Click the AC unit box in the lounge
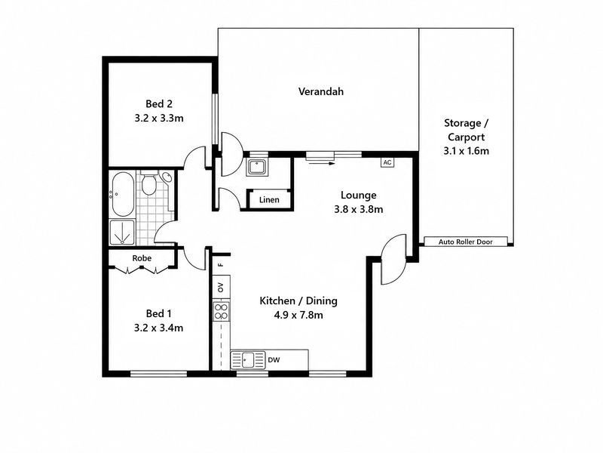click(x=387, y=162)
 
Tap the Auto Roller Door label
click(x=465, y=242)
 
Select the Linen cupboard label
click(x=269, y=199)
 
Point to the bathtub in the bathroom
click(x=123, y=194)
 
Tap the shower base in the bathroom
click(x=122, y=233)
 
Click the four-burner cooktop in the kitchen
click(x=221, y=311)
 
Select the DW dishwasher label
click(x=274, y=360)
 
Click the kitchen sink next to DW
click(x=248, y=360)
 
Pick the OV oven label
click(x=221, y=287)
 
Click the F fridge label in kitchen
click(x=221, y=265)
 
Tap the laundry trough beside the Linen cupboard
click(x=257, y=167)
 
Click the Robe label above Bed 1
click(x=142, y=258)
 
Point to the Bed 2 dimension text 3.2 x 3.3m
click(x=159, y=119)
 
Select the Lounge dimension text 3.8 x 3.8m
click(x=359, y=210)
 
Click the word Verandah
click(x=321, y=91)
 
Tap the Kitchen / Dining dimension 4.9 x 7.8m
click(x=298, y=315)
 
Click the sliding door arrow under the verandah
click(x=322, y=163)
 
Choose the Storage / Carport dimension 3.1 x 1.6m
click(x=466, y=150)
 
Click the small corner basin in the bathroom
click(x=167, y=177)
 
